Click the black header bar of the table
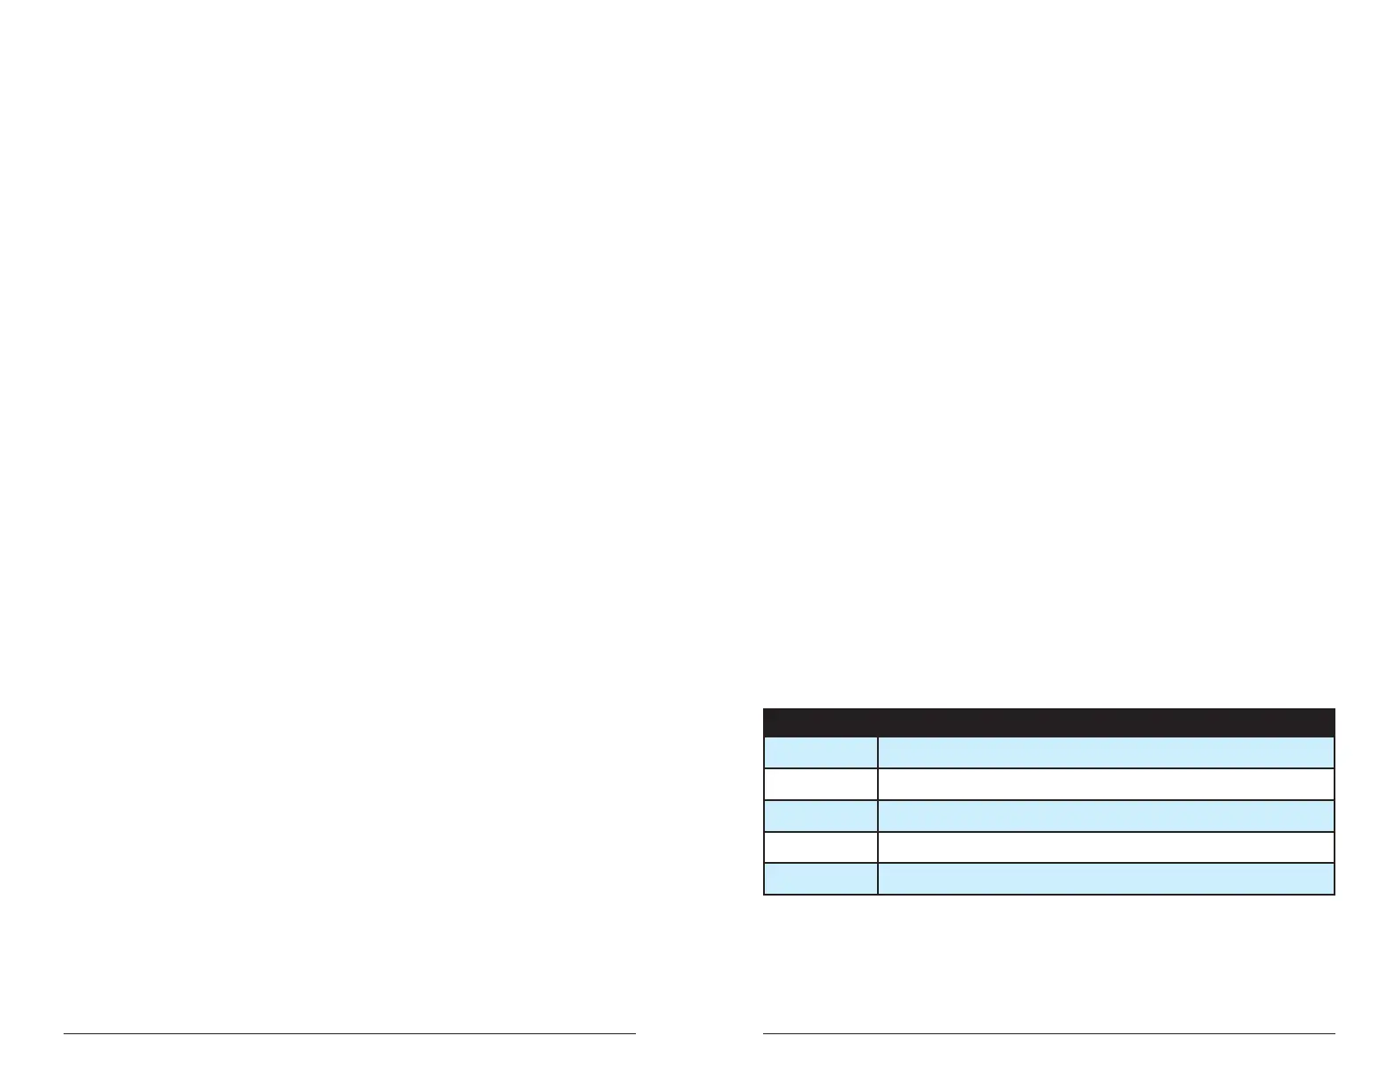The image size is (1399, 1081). (x=1048, y=722)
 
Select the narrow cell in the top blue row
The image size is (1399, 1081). (x=820, y=752)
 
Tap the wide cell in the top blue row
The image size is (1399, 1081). (x=1106, y=752)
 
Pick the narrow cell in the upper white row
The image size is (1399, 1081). (x=820, y=784)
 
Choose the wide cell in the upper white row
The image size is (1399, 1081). (x=1106, y=784)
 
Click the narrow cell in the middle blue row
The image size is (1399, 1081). (x=820, y=816)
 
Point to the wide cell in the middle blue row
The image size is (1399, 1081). (x=1106, y=816)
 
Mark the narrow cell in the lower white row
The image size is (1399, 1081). (x=820, y=847)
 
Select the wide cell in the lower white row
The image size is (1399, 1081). (x=1106, y=847)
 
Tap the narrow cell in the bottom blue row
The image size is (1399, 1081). (x=820, y=879)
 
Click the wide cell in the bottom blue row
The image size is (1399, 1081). (x=1106, y=879)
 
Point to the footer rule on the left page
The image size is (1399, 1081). (x=350, y=1033)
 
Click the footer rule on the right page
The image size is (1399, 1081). (x=1048, y=1033)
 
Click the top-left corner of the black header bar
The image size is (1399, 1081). (x=764, y=709)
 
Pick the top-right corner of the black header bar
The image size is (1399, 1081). (x=1334, y=709)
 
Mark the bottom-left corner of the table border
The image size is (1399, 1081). (x=764, y=894)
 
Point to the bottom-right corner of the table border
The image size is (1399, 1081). (x=1334, y=894)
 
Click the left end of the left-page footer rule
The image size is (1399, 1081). (x=64, y=1033)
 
